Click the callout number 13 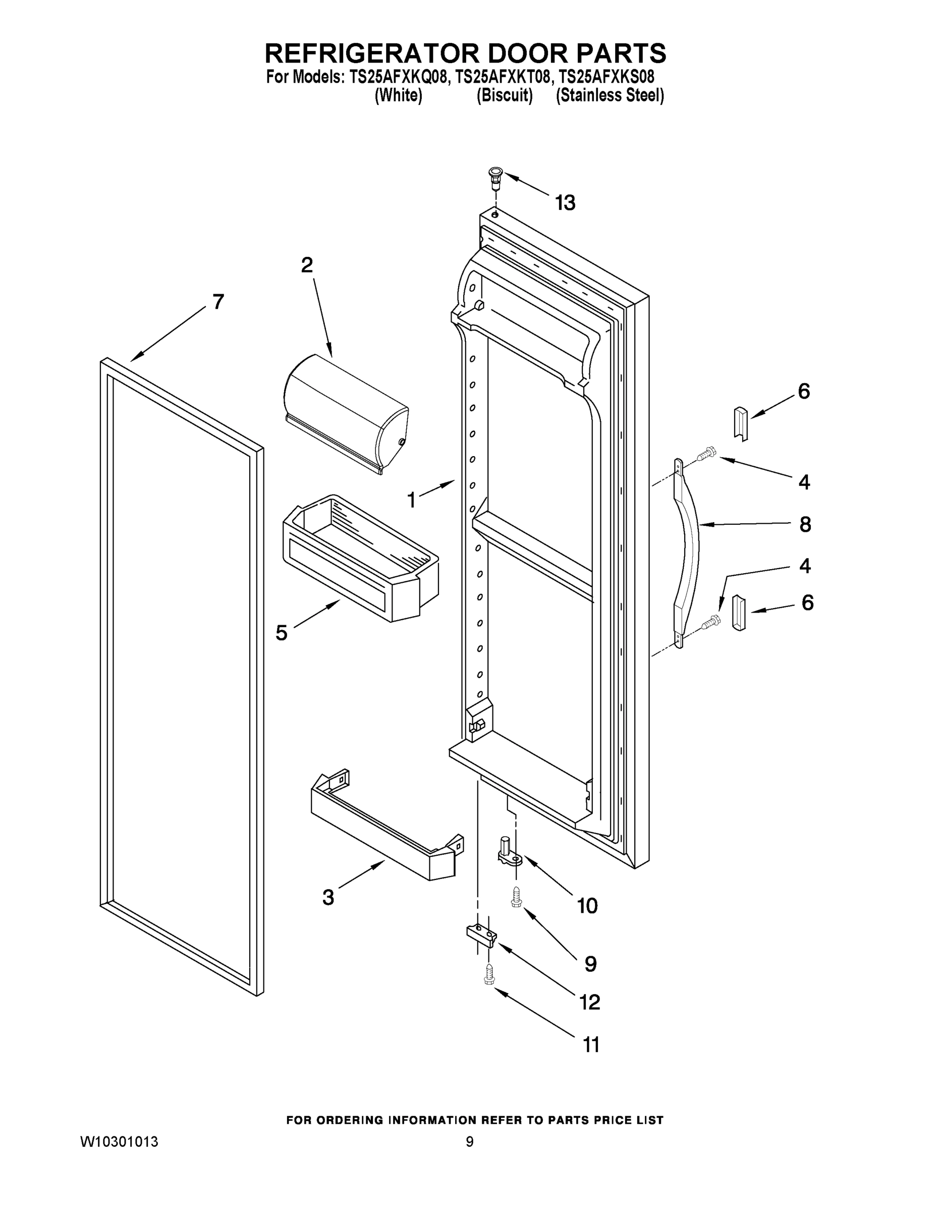coord(565,203)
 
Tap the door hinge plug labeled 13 coord(494,176)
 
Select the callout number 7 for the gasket coord(218,302)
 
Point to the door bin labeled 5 coord(360,557)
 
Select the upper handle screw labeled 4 coord(706,454)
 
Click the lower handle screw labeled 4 coord(708,624)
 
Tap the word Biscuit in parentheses coord(505,96)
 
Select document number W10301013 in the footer coord(119,1142)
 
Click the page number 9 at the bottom coord(469,1142)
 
